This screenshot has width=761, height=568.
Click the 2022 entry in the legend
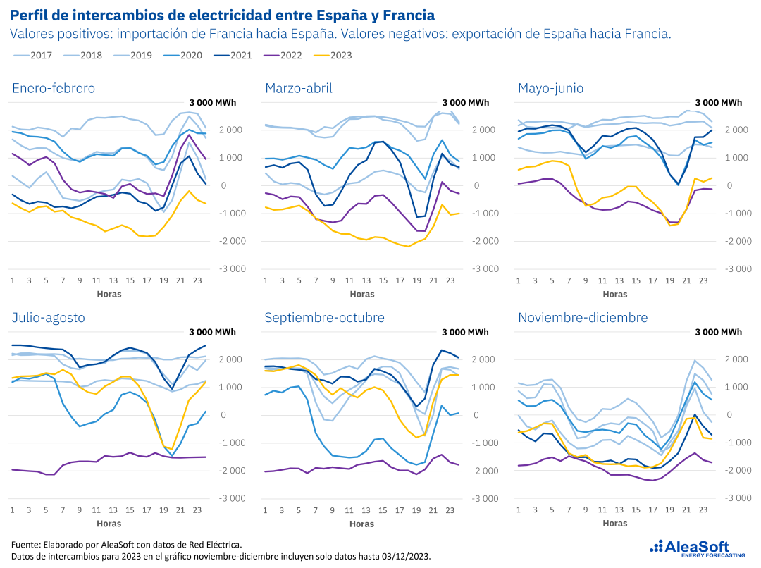(x=288, y=55)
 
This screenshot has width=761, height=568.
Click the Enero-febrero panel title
(x=54, y=88)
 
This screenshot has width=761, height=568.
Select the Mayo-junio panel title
(x=550, y=88)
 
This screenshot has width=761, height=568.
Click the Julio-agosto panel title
(x=48, y=317)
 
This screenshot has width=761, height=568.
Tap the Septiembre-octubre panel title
(x=324, y=317)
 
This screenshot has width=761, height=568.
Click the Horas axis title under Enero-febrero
(x=109, y=295)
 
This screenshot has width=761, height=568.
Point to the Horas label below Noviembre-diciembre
(x=615, y=524)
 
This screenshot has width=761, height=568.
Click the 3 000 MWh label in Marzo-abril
(x=465, y=103)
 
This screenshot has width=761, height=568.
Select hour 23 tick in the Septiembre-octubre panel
(x=450, y=510)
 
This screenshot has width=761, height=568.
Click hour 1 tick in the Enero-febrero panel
(x=12, y=280)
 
